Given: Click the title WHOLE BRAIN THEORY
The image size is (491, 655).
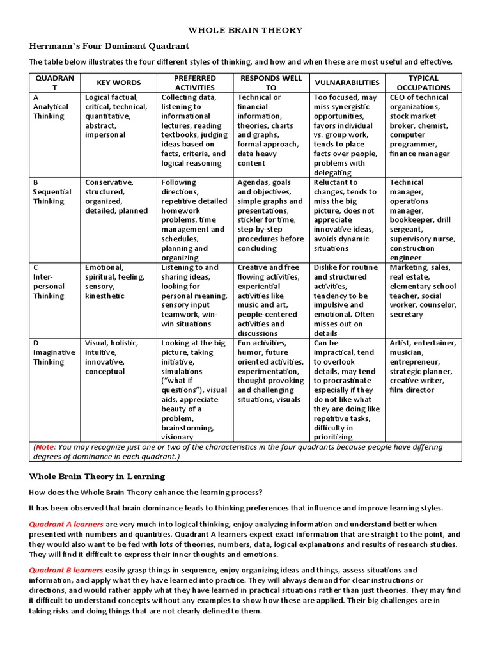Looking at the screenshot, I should (245, 30).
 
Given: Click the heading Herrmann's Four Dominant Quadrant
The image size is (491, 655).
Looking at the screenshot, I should (109, 46).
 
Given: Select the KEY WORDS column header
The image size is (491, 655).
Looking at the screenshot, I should (118, 83).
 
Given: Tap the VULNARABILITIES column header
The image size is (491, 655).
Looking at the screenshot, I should (347, 83).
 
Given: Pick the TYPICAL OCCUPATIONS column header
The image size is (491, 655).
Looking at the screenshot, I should (423, 83).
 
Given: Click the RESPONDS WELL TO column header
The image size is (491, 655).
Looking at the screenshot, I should (271, 83).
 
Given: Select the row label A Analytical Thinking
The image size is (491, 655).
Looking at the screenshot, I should (50, 107).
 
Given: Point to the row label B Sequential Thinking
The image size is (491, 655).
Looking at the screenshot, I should (52, 192).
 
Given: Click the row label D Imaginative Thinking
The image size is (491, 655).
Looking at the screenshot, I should (54, 352).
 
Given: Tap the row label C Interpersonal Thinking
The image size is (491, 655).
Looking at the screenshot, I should (50, 281).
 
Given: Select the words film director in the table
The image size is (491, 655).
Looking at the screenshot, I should (412, 390).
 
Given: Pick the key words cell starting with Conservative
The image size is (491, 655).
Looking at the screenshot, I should (116, 196).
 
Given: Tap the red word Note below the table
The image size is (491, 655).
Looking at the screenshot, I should (45, 447).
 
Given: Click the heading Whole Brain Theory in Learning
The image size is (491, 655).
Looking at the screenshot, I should (97, 477).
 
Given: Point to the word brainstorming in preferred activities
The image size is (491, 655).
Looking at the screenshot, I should (188, 428).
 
